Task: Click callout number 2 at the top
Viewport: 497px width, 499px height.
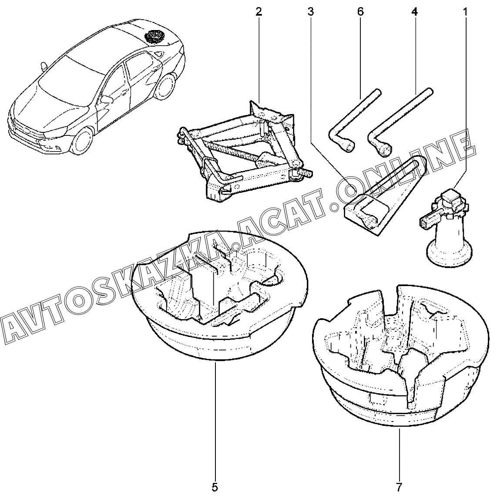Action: (259, 12)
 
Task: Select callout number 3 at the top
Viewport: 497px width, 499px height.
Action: (310, 12)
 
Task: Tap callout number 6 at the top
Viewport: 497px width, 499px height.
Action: (360, 12)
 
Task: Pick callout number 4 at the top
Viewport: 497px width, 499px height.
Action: (414, 12)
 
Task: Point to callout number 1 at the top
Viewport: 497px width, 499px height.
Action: (465, 12)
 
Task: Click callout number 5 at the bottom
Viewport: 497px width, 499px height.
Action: (215, 486)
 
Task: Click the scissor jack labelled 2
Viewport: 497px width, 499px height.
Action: (244, 152)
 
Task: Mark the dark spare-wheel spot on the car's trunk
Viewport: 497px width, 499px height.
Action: (154, 35)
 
